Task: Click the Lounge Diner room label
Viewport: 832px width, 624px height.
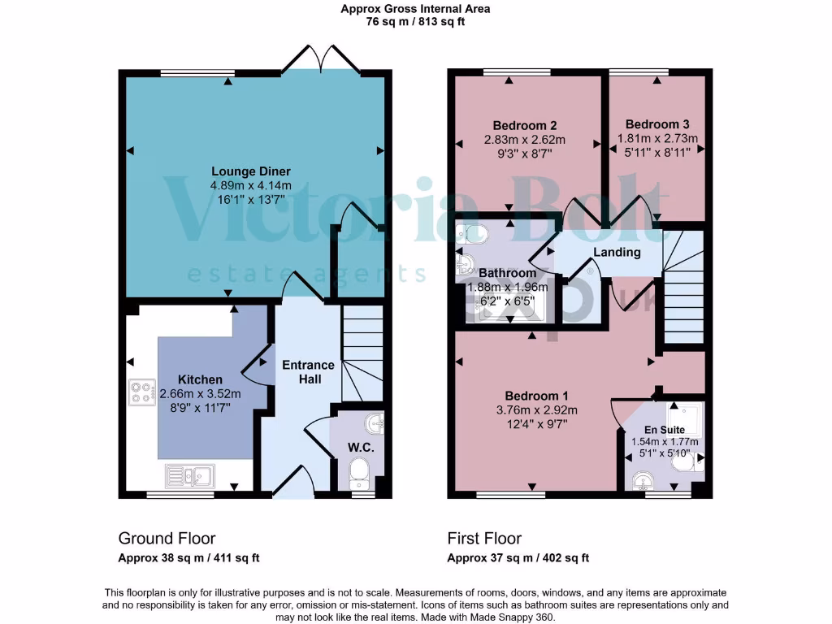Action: (250, 171)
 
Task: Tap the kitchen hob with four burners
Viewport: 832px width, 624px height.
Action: (141, 392)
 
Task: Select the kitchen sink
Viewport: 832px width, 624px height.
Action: (188, 474)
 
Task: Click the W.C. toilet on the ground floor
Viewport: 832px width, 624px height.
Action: (358, 472)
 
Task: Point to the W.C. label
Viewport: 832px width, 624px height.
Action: (360, 448)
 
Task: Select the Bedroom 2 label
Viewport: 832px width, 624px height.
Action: (524, 125)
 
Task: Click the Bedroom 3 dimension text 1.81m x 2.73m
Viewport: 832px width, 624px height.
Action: (657, 138)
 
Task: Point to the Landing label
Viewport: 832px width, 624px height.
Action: (617, 252)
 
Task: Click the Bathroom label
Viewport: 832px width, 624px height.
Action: (506, 273)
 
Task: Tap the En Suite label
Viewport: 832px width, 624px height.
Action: (665, 429)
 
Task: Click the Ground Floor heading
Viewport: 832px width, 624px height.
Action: (167, 538)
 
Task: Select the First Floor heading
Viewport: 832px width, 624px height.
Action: (484, 538)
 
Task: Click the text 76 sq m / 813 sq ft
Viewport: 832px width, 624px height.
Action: (415, 22)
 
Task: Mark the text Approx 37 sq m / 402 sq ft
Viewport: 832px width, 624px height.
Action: (518, 558)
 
